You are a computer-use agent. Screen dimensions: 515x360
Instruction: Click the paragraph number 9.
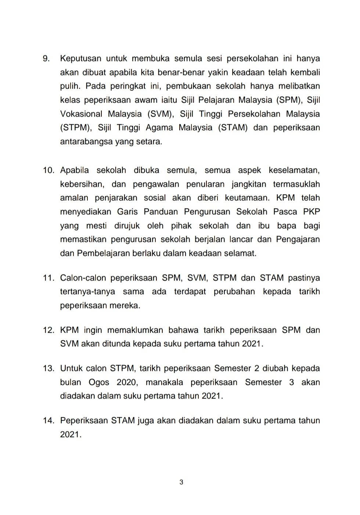pos(46,58)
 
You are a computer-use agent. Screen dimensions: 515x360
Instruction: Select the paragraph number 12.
pos(48,330)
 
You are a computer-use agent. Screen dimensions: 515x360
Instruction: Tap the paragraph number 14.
pos(48,421)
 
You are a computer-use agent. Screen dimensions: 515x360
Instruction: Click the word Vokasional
pos(81,114)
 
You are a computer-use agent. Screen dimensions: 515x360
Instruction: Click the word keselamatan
pos(294,171)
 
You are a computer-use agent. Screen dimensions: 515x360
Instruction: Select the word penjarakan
pos(116,198)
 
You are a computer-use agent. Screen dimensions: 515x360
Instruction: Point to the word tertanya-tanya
pos(87,292)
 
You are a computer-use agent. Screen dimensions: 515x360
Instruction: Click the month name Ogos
pos(99,382)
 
